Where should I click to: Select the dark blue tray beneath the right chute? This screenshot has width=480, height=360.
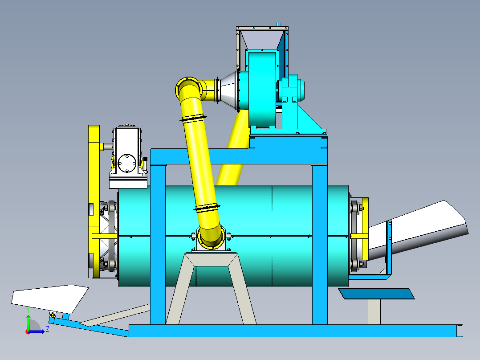[x=376, y=294]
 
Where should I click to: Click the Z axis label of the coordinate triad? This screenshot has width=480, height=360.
[x=47, y=330]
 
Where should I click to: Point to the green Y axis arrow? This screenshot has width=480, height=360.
[x=28, y=322]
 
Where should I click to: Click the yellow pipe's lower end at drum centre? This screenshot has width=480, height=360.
[x=211, y=238]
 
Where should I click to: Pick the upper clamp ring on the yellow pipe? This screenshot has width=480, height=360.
[x=193, y=119]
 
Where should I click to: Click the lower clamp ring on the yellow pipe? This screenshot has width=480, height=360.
[x=207, y=207]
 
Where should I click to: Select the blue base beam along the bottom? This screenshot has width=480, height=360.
[x=294, y=331]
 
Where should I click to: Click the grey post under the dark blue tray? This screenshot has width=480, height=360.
[x=374, y=311]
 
